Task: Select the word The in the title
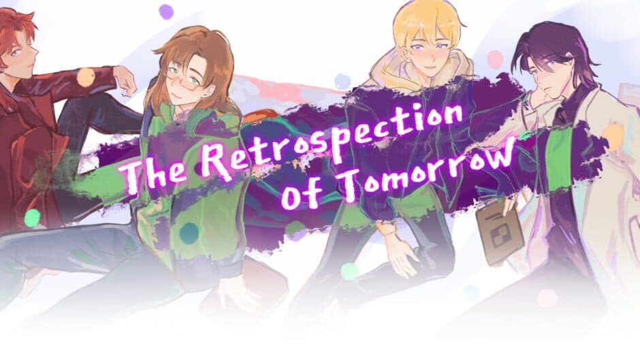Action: coord(156,170)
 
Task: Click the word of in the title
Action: coord(299,194)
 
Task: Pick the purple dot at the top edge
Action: coord(166,11)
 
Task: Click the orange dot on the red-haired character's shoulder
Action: coord(85,78)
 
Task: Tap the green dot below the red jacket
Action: coord(32,217)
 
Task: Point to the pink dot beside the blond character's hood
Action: coord(495,59)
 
